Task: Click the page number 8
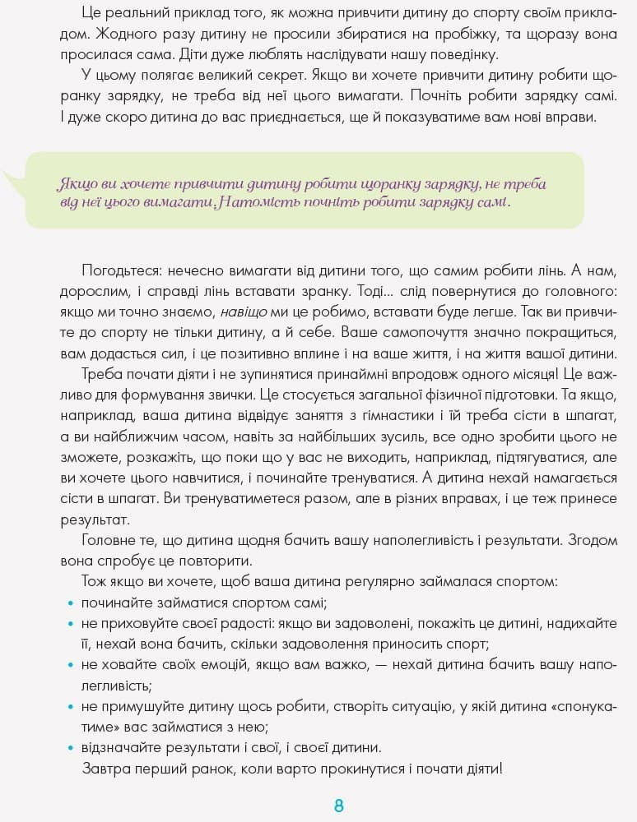pyautogui.click(x=338, y=806)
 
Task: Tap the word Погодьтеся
pyautogui.click(x=120, y=270)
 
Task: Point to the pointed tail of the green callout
pyautogui.click(x=8, y=175)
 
